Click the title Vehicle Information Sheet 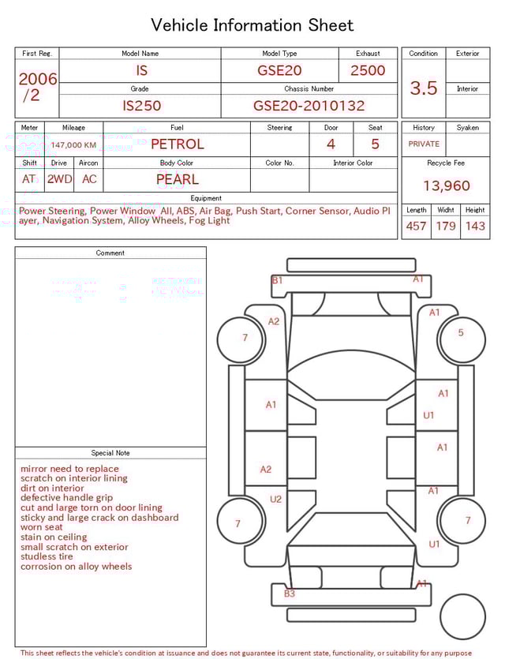click(x=252, y=25)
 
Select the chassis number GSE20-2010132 click(x=309, y=106)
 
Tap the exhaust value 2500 click(x=368, y=70)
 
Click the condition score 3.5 click(x=424, y=88)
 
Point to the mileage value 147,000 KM click(x=73, y=145)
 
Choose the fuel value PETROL click(x=177, y=144)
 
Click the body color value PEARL click(x=177, y=179)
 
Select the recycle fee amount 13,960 click(x=446, y=186)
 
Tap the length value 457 click(x=416, y=227)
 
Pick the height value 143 click(x=475, y=227)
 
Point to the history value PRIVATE click(x=424, y=144)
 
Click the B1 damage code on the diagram click(x=277, y=281)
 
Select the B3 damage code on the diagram click(x=290, y=593)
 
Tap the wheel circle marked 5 click(x=461, y=333)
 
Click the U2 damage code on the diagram click(x=275, y=499)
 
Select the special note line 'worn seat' click(x=42, y=527)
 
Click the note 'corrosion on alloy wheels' click(x=76, y=567)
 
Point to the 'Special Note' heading click(x=110, y=453)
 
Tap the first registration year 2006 click(x=37, y=79)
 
